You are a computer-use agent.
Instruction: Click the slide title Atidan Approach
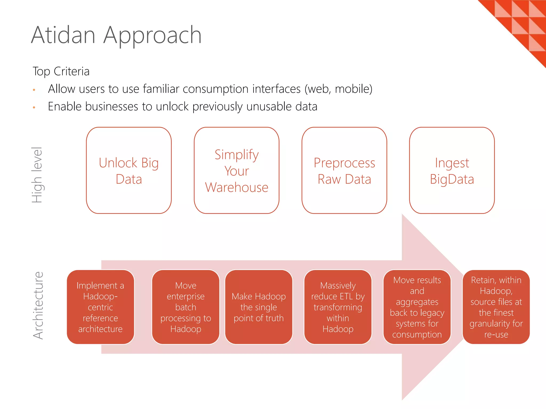click(116, 35)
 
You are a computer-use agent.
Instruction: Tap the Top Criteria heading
click(61, 71)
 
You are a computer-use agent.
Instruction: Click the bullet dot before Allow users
click(34, 90)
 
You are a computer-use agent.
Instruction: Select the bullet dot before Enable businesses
click(34, 108)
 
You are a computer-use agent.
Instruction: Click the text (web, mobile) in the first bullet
click(338, 89)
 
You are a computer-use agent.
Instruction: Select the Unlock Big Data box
click(129, 170)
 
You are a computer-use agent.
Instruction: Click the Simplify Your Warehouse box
click(236, 170)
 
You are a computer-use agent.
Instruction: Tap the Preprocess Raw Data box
click(344, 170)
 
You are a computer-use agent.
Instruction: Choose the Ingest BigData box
click(452, 170)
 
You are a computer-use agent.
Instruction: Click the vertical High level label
click(37, 175)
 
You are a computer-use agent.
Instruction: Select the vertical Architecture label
click(38, 305)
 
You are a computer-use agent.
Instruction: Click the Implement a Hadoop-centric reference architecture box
click(101, 307)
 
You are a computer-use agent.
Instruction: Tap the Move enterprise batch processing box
click(186, 307)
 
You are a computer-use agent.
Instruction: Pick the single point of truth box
click(259, 307)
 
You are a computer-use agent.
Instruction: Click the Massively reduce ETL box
click(338, 307)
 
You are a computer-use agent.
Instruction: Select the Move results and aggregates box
click(417, 307)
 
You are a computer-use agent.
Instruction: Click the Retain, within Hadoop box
click(496, 307)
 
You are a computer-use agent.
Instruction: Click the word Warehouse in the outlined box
click(236, 187)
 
